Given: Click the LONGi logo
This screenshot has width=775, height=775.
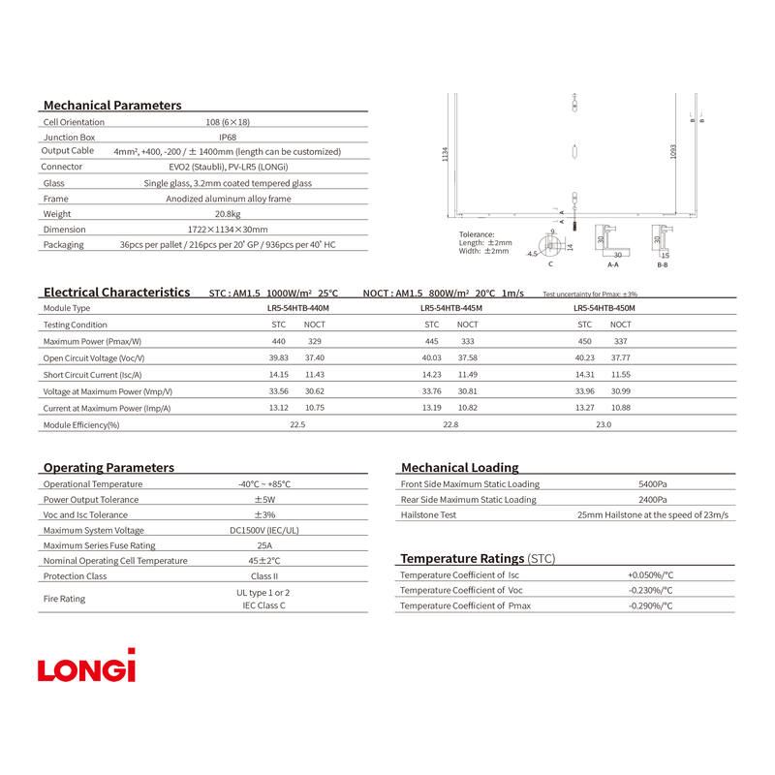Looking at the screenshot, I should [x=87, y=666].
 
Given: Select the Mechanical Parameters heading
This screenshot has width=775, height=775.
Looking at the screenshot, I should [x=112, y=105].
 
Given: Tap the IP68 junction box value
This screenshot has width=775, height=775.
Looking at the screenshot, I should [x=227, y=138].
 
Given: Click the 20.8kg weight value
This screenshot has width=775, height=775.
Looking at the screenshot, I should [x=227, y=214].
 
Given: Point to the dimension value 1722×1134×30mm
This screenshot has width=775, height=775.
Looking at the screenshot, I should [x=227, y=230].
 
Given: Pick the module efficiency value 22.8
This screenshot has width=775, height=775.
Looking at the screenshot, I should [x=450, y=424].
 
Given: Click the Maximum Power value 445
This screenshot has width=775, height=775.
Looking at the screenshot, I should [x=431, y=341].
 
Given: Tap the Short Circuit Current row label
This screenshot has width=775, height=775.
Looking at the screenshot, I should [x=93, y=375].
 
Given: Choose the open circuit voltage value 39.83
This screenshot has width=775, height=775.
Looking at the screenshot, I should [x=279, y=357].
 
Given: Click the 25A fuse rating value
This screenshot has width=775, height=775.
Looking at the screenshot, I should [x=264, y=545].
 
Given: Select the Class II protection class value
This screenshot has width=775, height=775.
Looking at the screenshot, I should [x=264, y=576].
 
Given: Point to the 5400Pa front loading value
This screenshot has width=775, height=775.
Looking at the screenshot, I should [x=652, y=484].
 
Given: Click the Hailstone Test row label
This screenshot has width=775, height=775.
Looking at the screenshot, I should [x=428, y=515].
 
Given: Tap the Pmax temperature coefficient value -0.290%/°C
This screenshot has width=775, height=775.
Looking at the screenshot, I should [x=650, y=605].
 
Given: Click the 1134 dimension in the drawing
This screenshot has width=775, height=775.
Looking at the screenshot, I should [x=446, y=155].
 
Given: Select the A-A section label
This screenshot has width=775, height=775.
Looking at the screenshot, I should [x=612, y=263].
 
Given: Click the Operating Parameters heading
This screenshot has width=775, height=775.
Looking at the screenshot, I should [x=108, y=467].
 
